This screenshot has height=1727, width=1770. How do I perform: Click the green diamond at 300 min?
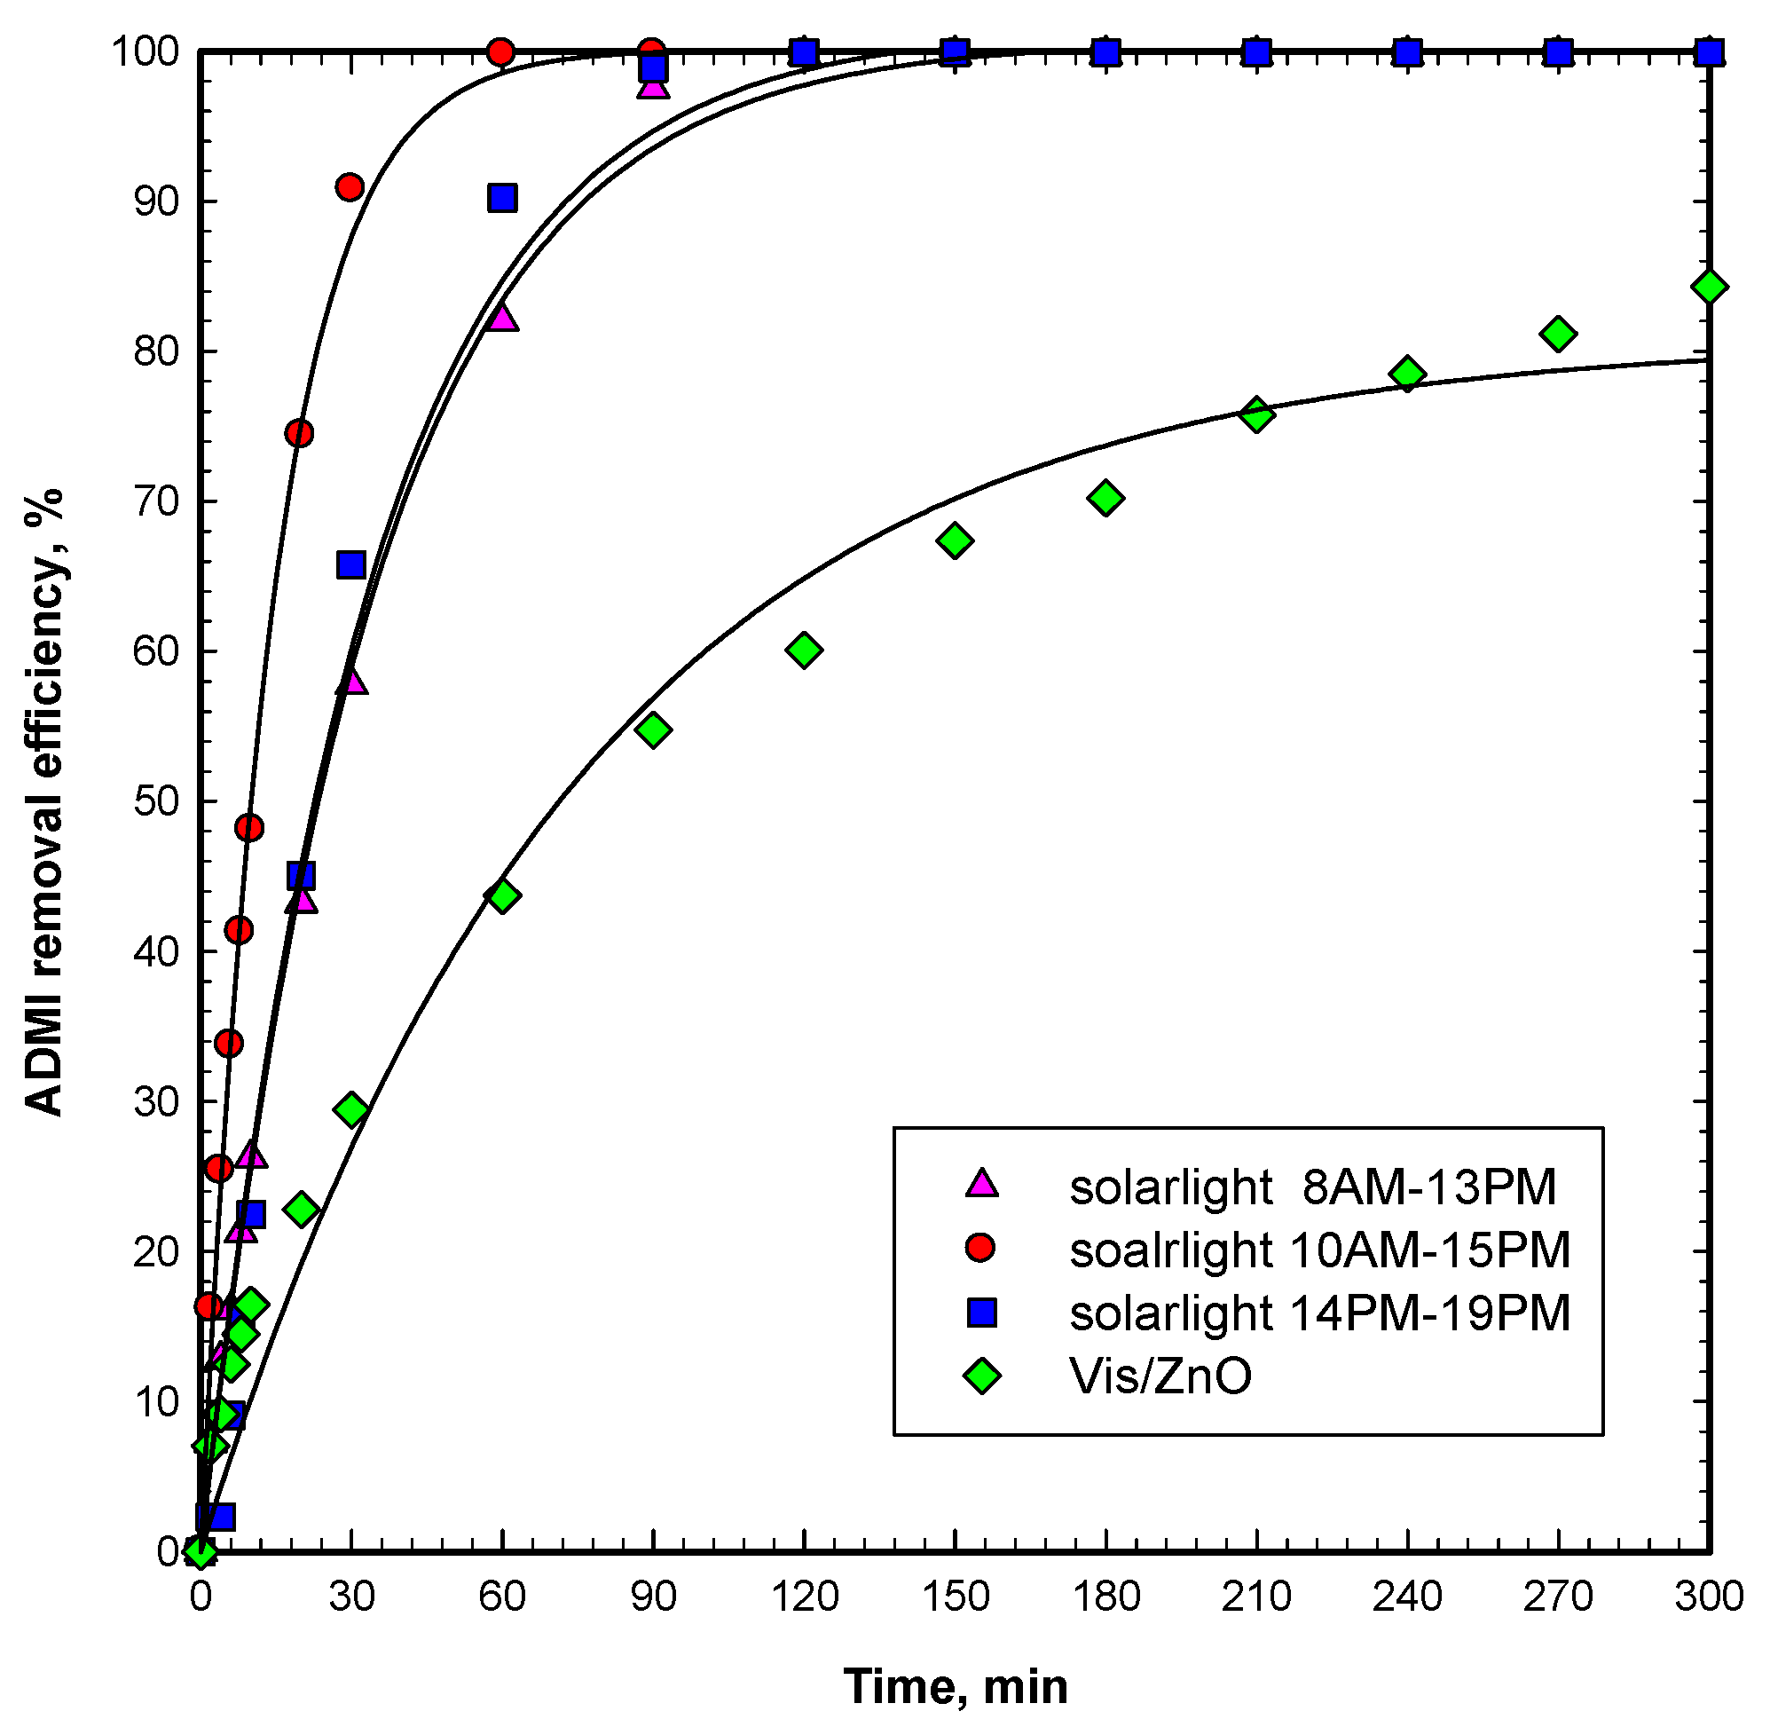click(1709, 288)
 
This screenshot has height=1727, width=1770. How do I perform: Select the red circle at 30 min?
click(350, 188)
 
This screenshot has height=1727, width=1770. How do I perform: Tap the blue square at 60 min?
click(501, 198)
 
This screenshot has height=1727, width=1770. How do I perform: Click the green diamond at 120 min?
click(805, 650)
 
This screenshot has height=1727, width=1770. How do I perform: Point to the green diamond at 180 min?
click(1105, 498)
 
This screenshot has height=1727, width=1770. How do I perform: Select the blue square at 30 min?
click(351, 565)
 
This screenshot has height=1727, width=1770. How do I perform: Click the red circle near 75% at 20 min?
click(299, 434)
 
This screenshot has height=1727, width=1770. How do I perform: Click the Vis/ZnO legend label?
click(1160, 1376)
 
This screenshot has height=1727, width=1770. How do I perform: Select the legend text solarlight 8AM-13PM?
click(1312, 1187)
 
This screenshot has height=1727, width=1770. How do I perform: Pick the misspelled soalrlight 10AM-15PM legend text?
click(1319, 1250)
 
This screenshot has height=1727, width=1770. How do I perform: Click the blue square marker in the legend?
click(981, 1313)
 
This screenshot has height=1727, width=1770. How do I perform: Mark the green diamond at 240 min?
click(1407, 374)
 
